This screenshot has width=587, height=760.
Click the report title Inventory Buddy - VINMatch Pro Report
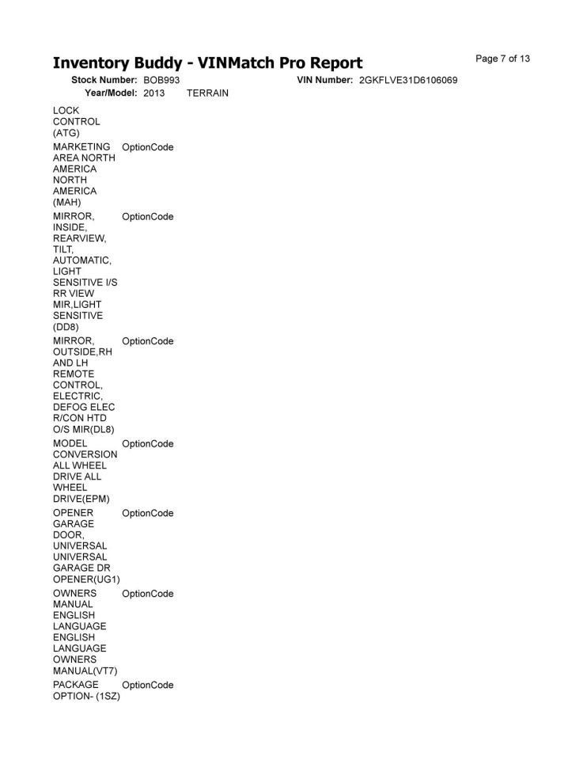[207, 63]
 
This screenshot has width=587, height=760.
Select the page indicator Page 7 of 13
[502, 59]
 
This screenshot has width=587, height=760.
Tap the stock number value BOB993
[161, 81]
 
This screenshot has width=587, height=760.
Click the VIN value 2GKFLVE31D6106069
[408, 81]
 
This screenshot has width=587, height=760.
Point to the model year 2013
[154, 93]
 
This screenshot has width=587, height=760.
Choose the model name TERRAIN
[207, 93]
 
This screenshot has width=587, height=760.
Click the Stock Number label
[104, 81]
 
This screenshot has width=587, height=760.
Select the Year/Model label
[111, 93]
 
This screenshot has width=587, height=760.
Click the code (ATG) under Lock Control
[66, 133]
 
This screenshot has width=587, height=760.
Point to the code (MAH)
[67, 202]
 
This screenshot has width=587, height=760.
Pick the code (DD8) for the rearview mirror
[66, 326]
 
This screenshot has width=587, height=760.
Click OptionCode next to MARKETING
[148, 147]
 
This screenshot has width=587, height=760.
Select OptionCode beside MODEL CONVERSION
[148, 443]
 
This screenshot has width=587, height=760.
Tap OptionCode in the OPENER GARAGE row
[148, 513]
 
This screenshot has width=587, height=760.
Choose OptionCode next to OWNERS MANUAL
[148, 594]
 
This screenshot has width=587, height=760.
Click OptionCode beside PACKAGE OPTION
[148, 685]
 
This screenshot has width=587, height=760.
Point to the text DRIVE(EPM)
[81, 499]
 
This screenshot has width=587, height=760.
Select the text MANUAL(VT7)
[85, 671]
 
